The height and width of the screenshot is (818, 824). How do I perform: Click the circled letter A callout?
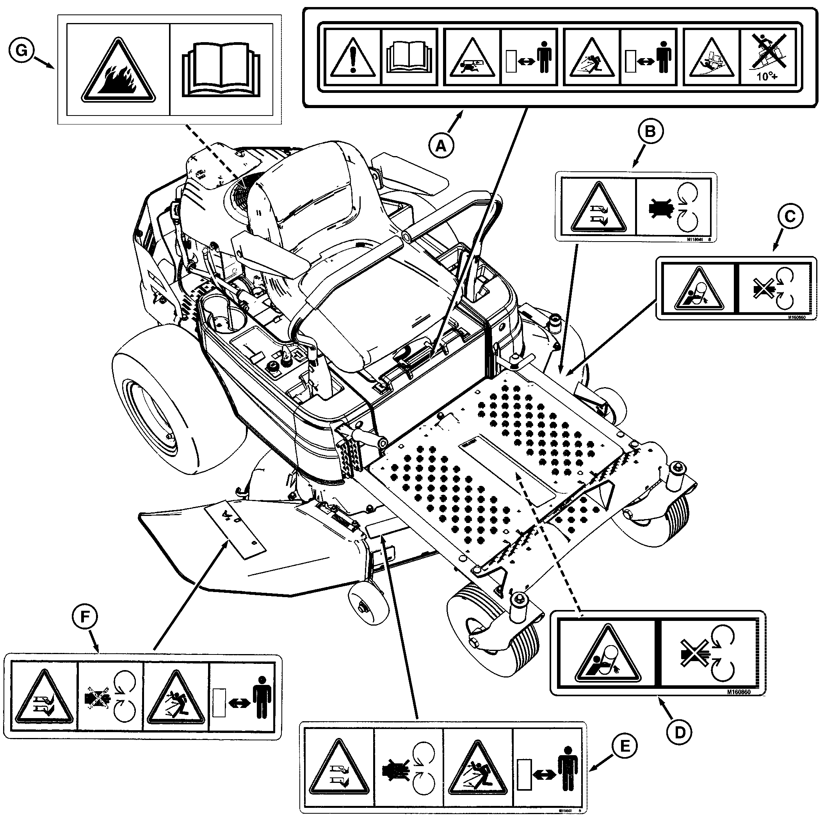coord(441,146)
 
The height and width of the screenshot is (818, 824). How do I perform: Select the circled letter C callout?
coord(790,217)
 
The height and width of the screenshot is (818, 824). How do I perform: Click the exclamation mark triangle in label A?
coord(353,57)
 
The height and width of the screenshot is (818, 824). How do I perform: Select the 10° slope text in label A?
coord(767,77)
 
